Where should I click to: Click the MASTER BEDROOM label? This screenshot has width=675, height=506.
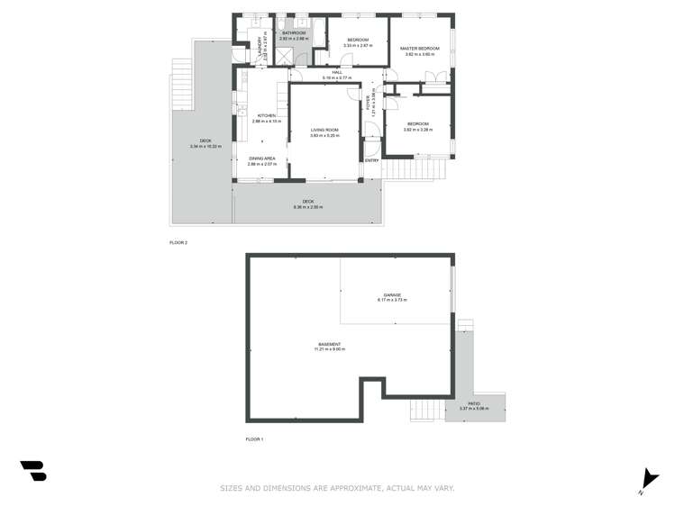pos(419,48)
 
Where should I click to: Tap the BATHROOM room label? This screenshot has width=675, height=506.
pos(294,34)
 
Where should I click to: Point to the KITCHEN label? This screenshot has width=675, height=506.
pos(266,115)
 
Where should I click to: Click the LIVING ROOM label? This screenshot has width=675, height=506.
pos(324,131)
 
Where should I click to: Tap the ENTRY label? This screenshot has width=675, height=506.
pos(370,159)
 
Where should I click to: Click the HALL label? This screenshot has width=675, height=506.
pos(337,72)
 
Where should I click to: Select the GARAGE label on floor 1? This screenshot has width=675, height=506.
pos(392,294)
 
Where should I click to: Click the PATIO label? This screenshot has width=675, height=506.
pos(474,403)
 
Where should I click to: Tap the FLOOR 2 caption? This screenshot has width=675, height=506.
pos(178,242)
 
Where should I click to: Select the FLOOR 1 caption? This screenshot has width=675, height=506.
pos(254,439)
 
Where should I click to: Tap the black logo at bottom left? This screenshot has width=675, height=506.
pos(33,470)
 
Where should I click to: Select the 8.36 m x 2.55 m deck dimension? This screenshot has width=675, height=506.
pos(307,207)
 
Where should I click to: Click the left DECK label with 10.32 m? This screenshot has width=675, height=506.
pos(205,140)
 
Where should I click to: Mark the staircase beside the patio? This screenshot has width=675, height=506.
pos(426,411)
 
